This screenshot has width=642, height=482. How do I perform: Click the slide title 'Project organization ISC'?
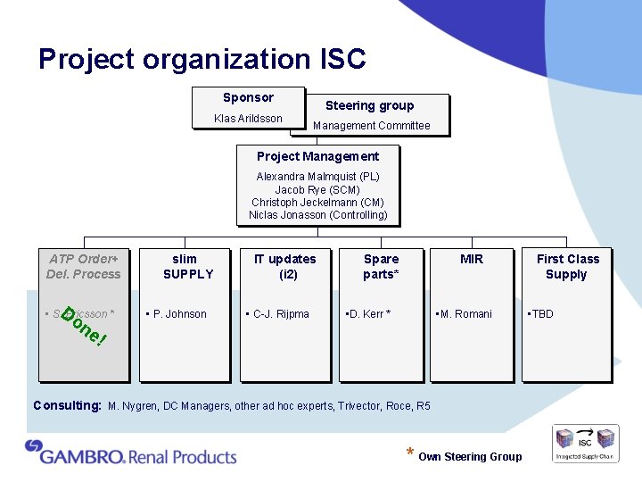[x=202, y=60]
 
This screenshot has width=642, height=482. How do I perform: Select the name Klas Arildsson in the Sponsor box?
[x=248, y=119]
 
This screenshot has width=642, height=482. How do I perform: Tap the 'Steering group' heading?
[x=369, y=105]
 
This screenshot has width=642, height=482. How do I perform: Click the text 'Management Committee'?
[x=371, y=126]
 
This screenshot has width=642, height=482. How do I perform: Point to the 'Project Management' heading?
[x=317, y=156]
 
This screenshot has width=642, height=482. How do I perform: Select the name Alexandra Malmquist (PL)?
[x=317, y=177]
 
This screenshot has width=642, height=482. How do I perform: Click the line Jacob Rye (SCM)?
[x=317, y=190]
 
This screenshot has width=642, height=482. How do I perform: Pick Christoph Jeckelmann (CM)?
[x=317, y=203]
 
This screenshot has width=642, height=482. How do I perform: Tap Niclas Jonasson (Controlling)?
[x=317, y=215]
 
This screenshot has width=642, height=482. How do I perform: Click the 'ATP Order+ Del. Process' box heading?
[x=84, y=267]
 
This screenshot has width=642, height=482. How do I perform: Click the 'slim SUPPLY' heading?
[x=188, y=267]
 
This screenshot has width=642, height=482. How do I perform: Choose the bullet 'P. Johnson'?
[x=179, y=314]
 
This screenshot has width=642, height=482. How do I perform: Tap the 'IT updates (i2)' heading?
[x=284, y=267]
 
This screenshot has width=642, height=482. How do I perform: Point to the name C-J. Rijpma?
[x=281, y=314]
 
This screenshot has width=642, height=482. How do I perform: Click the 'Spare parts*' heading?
[x=381, y=267]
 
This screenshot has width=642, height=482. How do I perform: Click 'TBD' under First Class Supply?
[x=542, y=314]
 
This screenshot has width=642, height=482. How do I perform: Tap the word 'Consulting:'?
[x=67, y=405]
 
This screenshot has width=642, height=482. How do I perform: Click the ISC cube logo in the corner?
[x=586, y=443]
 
